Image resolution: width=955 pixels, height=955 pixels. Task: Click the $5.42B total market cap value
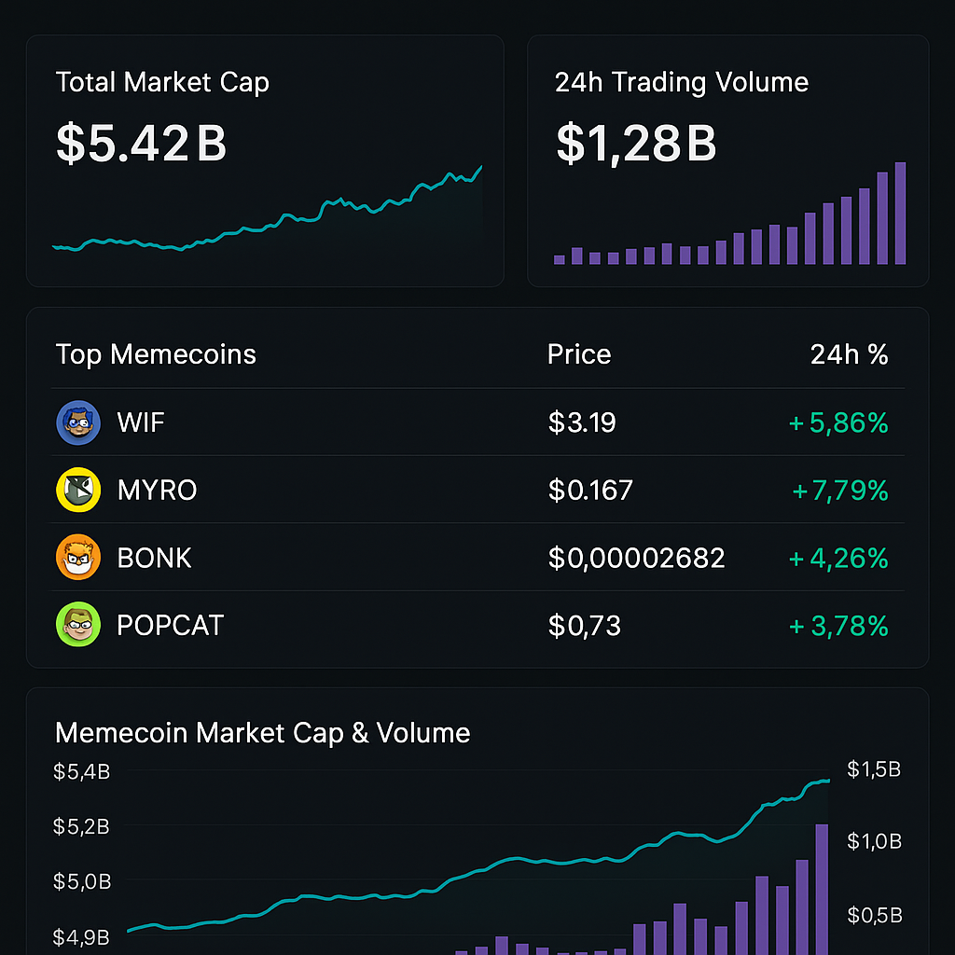click(x=141, y=143)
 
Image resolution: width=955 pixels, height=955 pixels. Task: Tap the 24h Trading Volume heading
click(x=681, y=82)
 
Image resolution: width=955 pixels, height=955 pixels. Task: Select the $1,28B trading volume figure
click(x=636, y=143)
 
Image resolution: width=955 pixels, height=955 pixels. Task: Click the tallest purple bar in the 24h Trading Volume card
click(x=900, y=214)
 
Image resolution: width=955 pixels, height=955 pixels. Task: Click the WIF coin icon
click(x=77, y=422)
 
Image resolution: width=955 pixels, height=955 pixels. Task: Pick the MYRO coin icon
click(x=77, y=490)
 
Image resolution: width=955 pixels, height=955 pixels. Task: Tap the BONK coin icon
click(x=77, y=558)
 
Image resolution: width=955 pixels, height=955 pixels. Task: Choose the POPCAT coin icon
click(x=77, y=625)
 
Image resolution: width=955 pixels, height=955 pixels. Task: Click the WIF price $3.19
click(x=582, y=422)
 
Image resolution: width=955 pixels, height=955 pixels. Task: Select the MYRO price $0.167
click(x=590, y=490)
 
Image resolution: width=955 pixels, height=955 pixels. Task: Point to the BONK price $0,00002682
click(x=636, y=558)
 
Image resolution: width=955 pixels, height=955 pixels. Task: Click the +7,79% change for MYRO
click(x=839, y=490)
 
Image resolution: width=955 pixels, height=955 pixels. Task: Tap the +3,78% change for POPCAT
click(x=838, y=625)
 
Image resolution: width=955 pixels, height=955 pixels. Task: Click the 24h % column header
click(x=849, y=354)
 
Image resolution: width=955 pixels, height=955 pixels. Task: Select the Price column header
click(x=579, y=354)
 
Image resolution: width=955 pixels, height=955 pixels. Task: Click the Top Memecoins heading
click(x=156, y=354)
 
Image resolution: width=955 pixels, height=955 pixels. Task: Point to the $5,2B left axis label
click(x=81, y=826)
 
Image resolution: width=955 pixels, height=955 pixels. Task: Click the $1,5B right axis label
click(x=874, y=769)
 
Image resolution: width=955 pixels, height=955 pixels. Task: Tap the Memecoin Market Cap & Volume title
click(x=262, y=733)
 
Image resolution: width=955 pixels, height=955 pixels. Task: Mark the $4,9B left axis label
click(x=81, y=936)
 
